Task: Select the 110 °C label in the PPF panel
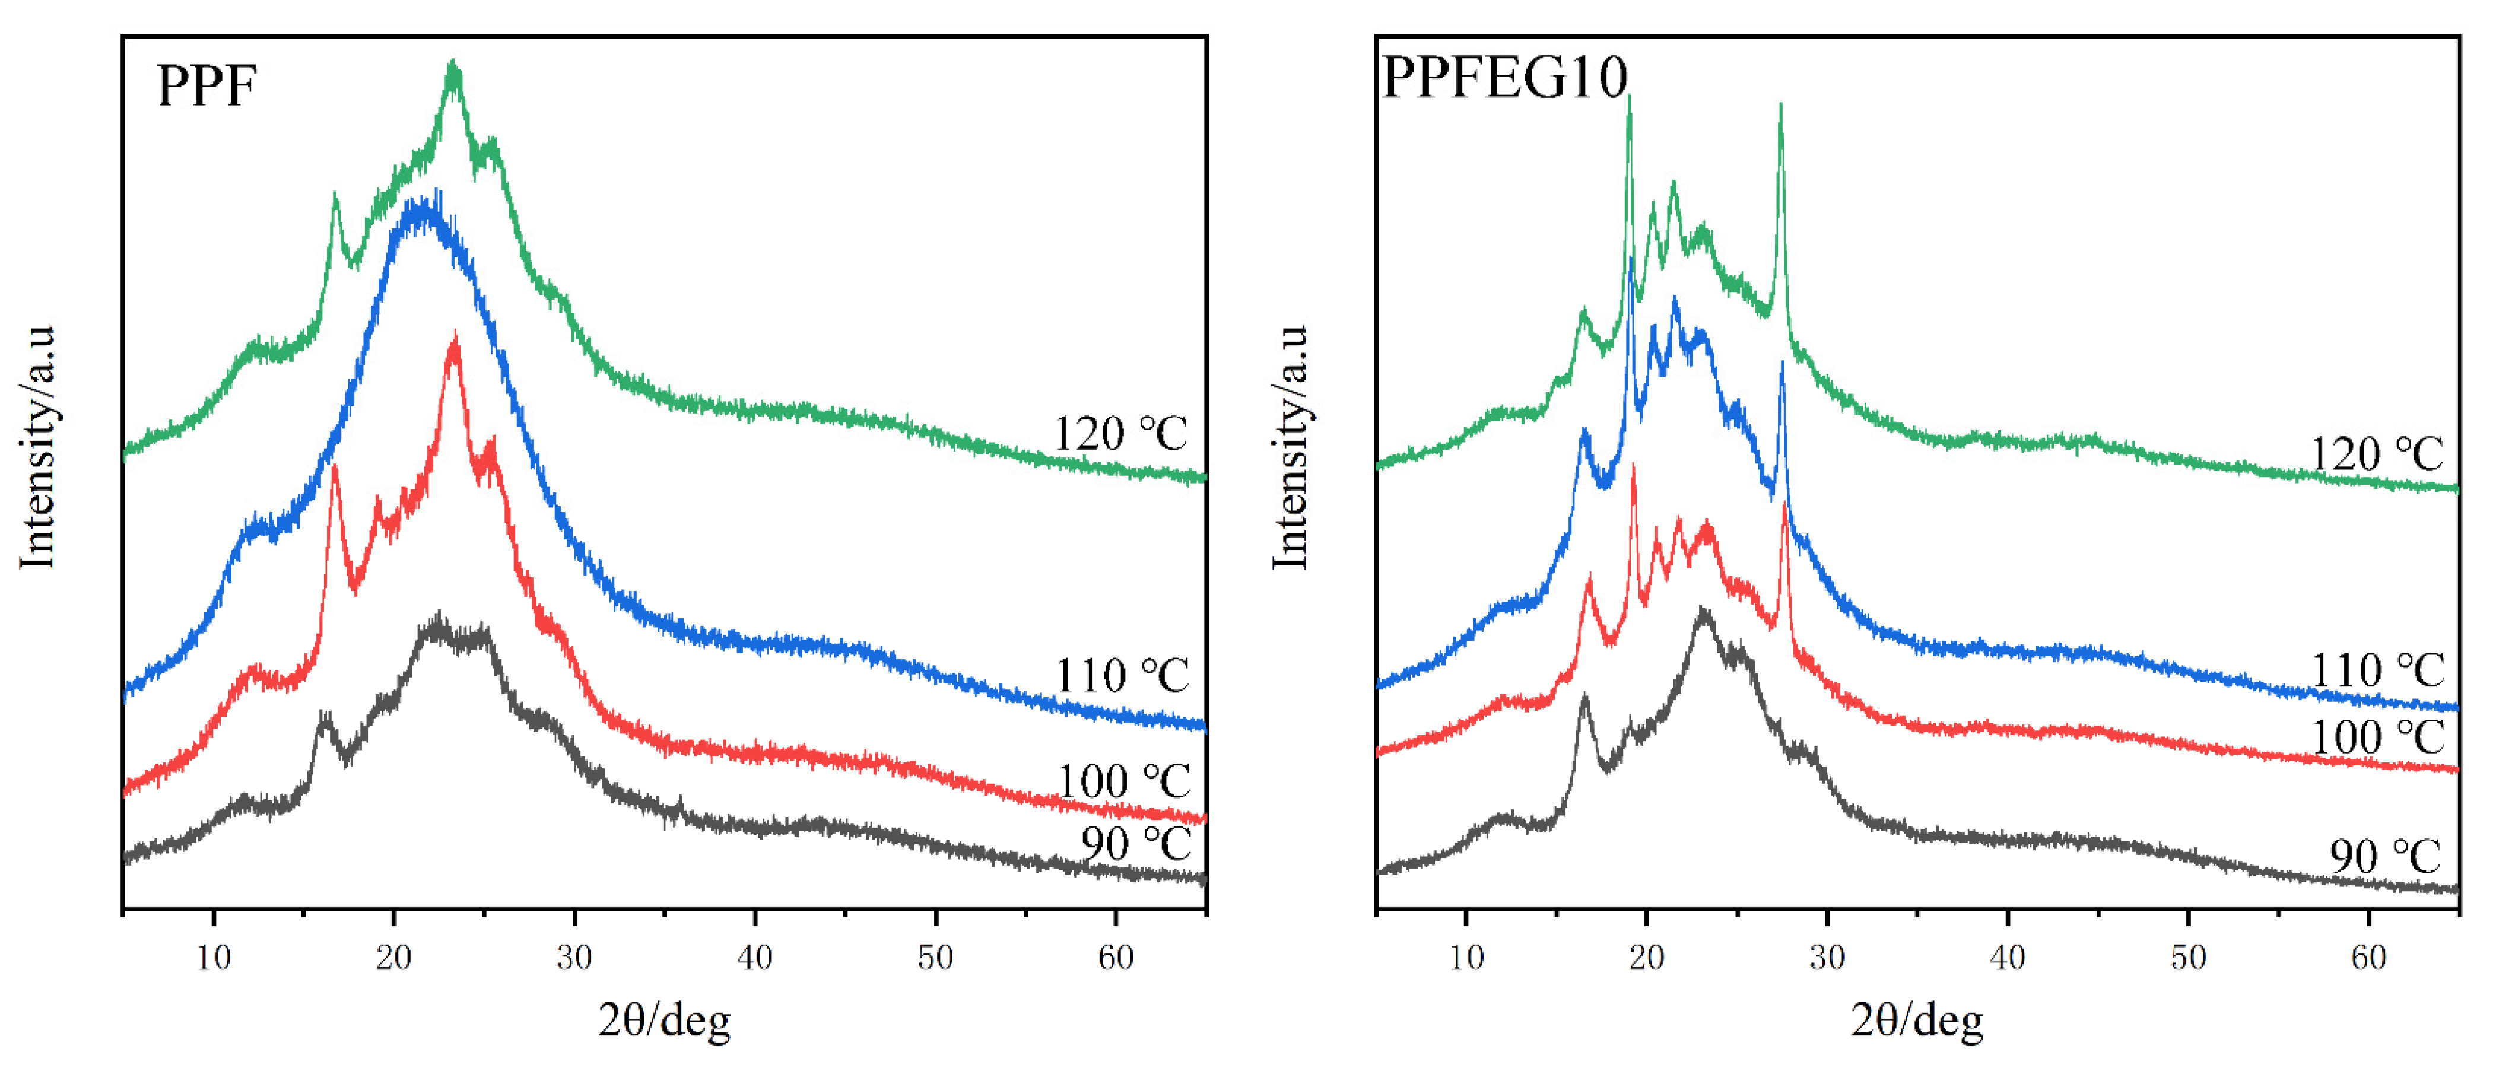click(x=1122, y=675)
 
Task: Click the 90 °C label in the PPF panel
click(x=1136, y=843)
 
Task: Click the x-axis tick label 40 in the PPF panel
click(x=755, y=958)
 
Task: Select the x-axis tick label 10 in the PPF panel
click(x=214, y=958)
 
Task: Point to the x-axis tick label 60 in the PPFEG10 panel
click(x=2368, y=958)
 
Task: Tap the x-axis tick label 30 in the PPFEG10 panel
click(x=1827, y=958)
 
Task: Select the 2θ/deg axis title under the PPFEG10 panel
click(x=1917, y=1021)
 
